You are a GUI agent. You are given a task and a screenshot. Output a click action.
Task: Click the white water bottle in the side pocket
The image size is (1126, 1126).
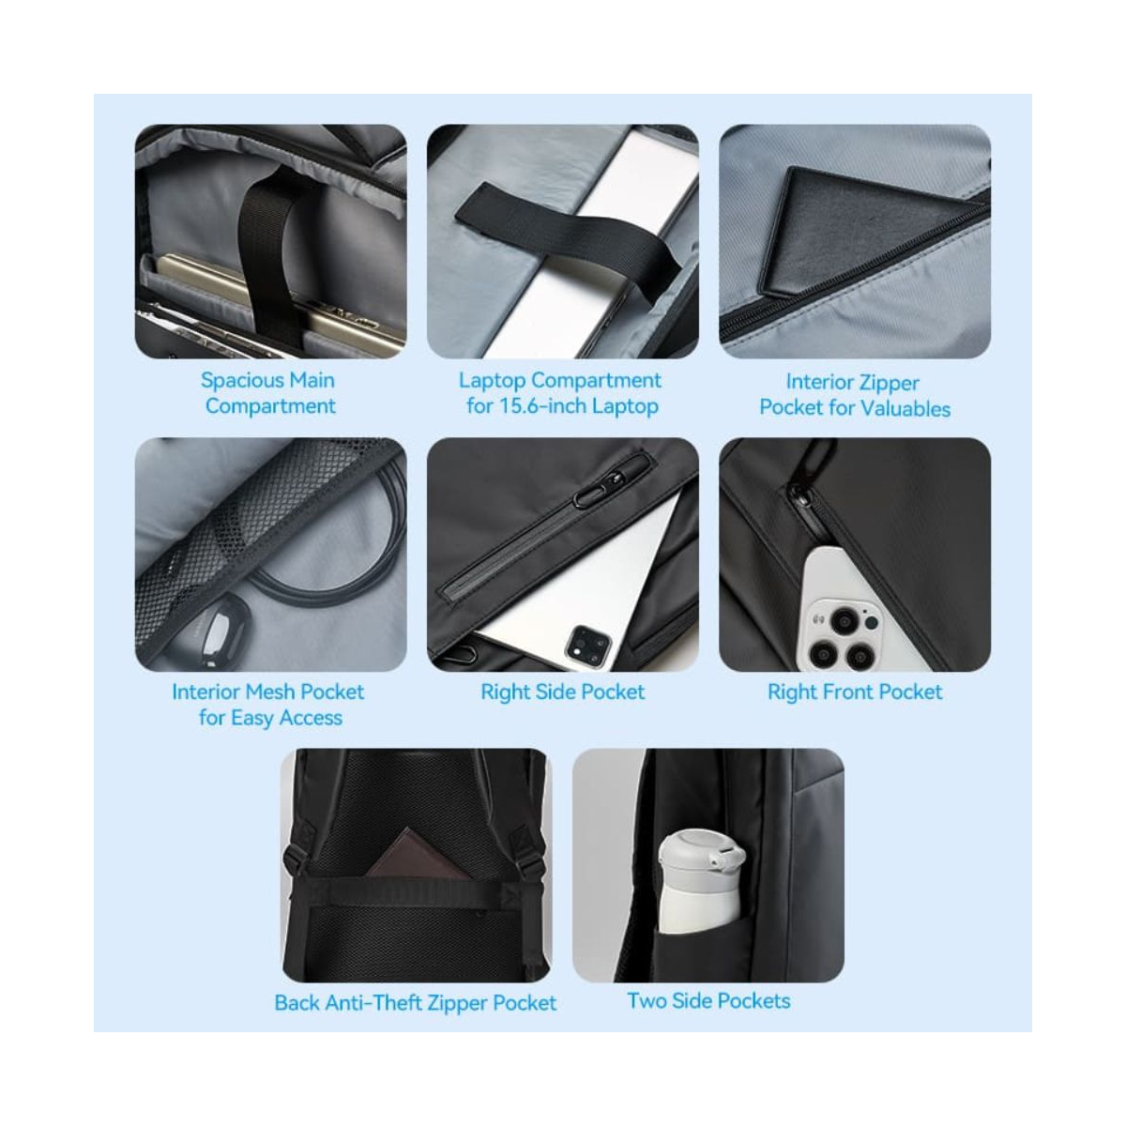[x=701, y=881]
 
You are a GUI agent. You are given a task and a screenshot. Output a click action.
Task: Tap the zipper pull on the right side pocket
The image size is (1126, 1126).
[x=595, y=492]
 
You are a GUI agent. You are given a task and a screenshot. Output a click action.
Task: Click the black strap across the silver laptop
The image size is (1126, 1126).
[x=564, y=236]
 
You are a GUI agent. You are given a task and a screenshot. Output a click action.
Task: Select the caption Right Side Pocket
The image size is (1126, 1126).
[x=563, y=692]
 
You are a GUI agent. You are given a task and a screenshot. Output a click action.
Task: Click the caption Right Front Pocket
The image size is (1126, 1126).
[x=855, y=692]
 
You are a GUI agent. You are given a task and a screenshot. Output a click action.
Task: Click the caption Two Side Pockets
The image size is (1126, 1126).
[x=708, y=1001]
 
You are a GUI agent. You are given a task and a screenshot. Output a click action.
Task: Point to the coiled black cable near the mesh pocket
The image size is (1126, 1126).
[x=327, y=538]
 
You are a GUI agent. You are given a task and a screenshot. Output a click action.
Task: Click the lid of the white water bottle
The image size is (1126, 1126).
[x=701, y=851]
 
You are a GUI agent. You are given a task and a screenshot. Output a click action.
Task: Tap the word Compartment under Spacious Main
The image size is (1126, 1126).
[x=270, y=406]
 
